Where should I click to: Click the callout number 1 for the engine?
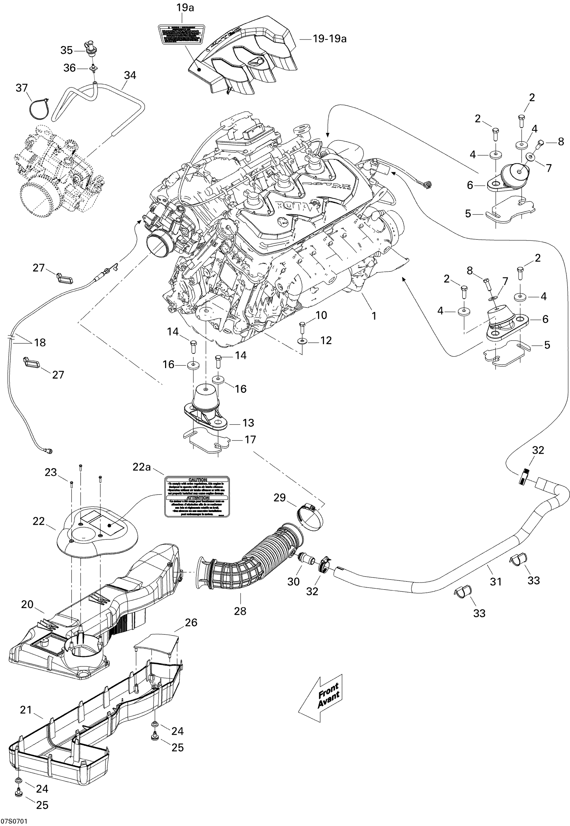pos(374,316)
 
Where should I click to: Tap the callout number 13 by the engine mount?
pos(248,423)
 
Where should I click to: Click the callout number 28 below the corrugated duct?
pos(240,611)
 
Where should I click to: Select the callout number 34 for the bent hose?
pos(130,75)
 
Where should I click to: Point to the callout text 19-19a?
pos(329,39)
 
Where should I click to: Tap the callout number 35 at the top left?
pos(66,50)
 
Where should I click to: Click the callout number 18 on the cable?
pos(40,343)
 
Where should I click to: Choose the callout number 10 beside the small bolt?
pos(321,315)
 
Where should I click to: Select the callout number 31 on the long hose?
pos(496,582)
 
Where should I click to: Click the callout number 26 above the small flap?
pos(191,623)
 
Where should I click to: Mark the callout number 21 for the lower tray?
pos(26,710)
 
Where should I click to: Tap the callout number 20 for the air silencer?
pos(27,604)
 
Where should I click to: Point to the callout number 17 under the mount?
pos(250,439)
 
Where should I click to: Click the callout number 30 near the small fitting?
pos(294,582)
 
